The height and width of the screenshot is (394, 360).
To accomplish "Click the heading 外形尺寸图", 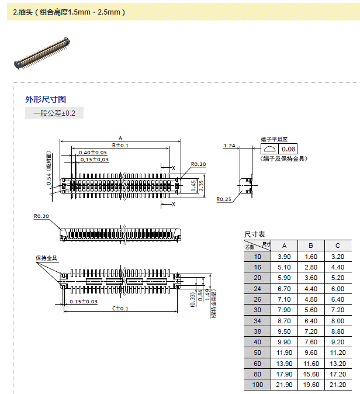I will click(46, 99).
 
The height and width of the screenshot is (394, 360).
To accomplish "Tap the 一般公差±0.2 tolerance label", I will click(54, 113).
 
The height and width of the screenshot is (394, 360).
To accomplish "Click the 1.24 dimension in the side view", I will click(229, 146).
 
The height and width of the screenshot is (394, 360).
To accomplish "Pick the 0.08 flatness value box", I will click(289, 149).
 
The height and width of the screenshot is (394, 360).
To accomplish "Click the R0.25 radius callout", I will click(223, 199).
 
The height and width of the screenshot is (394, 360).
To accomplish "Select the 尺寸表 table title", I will click(255, 234).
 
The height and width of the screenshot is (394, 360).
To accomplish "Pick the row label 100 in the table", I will click(258, 384).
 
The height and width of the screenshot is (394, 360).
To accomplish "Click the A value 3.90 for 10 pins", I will click(284, 257).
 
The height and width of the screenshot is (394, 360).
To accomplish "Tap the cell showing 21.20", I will click(338, 384).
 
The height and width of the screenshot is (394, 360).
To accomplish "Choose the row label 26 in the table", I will click(258, 299).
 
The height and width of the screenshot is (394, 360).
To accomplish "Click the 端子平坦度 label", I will click(274, 139).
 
